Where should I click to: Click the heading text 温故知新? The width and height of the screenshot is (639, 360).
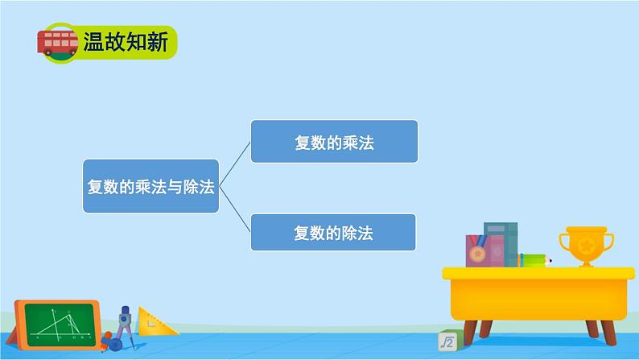pos(126,42)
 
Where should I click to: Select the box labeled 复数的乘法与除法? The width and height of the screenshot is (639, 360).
pos(150,186)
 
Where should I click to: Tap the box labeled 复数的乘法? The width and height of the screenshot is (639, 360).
pos(334,142)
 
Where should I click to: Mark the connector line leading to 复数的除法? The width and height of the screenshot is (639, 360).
pos(235,209)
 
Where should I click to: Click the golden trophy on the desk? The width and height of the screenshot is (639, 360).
pos(586,246)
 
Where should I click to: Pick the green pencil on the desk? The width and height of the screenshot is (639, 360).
pos(535,260)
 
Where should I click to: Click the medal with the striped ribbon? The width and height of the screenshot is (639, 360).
pos(477,253)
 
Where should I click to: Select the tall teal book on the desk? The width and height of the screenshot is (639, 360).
pos(501,245)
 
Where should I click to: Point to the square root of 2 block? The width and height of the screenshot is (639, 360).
pos(447,341)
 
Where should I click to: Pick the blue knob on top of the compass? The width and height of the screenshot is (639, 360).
pos(125,309)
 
